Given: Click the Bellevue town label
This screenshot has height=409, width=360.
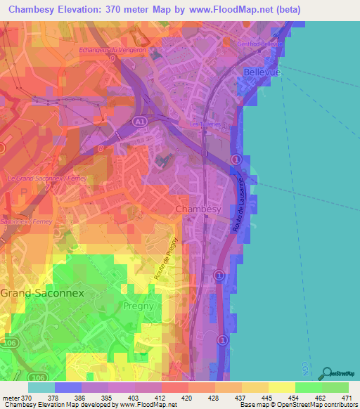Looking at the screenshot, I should pyautogui.click(x=262, y=72).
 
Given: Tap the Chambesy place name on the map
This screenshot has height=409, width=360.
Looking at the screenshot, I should pyautogui.click(x=198, y=209).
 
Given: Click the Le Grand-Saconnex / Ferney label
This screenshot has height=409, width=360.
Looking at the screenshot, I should pyautogui.click(x=37, y=180).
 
